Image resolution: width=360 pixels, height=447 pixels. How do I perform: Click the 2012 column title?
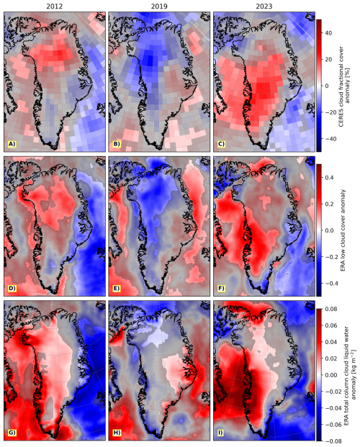55,6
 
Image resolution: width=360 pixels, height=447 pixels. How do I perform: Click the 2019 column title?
159,6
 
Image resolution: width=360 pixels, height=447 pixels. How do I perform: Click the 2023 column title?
264,6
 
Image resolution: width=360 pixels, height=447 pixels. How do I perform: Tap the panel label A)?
12,144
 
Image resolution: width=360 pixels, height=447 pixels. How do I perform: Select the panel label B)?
117,144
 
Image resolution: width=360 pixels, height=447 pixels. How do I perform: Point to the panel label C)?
221,144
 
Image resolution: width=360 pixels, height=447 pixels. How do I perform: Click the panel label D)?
12,289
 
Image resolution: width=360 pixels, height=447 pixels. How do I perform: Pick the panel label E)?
117,289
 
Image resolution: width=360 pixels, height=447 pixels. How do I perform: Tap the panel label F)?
221,289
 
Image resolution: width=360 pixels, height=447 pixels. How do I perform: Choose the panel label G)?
12,433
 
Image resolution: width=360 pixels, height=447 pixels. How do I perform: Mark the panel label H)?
117,433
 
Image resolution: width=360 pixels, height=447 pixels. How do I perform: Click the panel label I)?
220,433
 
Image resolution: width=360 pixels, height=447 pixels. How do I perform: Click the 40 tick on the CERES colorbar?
328,33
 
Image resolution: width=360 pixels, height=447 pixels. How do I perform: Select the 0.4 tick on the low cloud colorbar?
330,178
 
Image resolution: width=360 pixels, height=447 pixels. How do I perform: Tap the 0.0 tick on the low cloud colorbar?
330,230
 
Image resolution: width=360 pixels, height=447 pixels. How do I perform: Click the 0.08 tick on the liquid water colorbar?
331,309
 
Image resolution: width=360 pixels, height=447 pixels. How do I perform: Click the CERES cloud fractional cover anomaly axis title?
344,86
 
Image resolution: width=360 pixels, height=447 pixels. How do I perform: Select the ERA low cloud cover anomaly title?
343,230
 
